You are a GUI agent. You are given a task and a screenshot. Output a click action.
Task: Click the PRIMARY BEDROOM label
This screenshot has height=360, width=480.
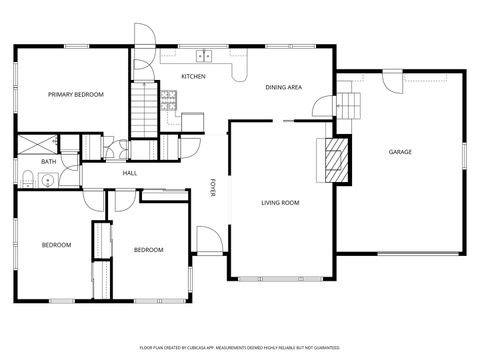pyautogui.click(x=76, y=94)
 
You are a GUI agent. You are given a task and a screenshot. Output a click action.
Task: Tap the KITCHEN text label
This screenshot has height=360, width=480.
pyautogui.click(x=193, y=77)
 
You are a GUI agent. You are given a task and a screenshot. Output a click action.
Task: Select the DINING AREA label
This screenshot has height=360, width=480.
pyautogui.click(x=284, y=87)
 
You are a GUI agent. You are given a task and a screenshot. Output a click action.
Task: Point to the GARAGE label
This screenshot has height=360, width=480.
pyautogui.click(x=400, y=152)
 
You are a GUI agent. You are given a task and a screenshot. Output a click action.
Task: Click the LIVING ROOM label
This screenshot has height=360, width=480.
pyautogui.click(x=281, y=203)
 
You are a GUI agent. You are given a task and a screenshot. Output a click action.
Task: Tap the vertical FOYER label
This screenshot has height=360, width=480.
pyautogui.click(x=212, y=188)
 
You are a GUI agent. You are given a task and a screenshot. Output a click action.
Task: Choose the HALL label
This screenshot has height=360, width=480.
pyautogui.click(x=130, y=173)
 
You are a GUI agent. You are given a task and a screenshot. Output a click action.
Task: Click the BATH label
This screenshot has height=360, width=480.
pyautogui.click(x=48, y=161)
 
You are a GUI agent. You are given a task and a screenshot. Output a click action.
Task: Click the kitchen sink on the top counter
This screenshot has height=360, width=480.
pyautogui.click(x=205, y=56)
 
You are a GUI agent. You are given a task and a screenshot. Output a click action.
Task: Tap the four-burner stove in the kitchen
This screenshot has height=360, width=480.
pyautogui.click(x=170, y=99)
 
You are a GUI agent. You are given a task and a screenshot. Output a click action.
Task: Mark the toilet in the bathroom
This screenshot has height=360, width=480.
pyautogui.click(x=29, y=180)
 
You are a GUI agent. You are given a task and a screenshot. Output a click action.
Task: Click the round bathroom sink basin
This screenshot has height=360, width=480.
pyautogui.click(x=48, y=181)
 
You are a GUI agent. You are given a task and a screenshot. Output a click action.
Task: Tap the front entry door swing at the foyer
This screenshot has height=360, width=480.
pyautogui.click(x=207, y=240)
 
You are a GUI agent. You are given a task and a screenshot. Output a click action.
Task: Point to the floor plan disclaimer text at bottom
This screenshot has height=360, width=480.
pyautogui.click(x=240, y=347)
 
